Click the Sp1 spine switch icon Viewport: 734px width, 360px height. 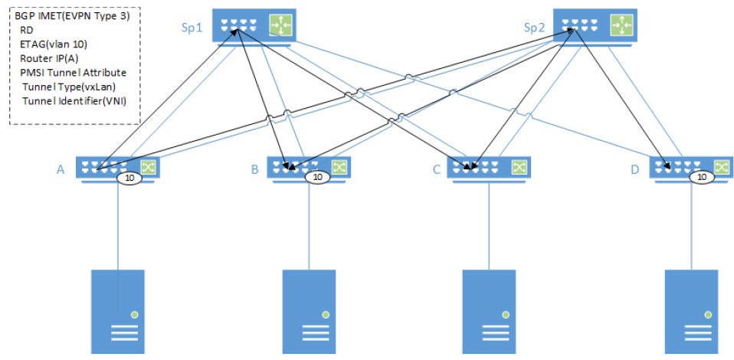pyautogui.click(x=253, y=27)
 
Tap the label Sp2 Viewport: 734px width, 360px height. pyautogui.click(x=534, y=28)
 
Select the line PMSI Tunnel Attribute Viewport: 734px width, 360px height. pyautogui.click(x=73, y=73)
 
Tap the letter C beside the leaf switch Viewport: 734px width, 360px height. pyautogui.click(x=436, y=169)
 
